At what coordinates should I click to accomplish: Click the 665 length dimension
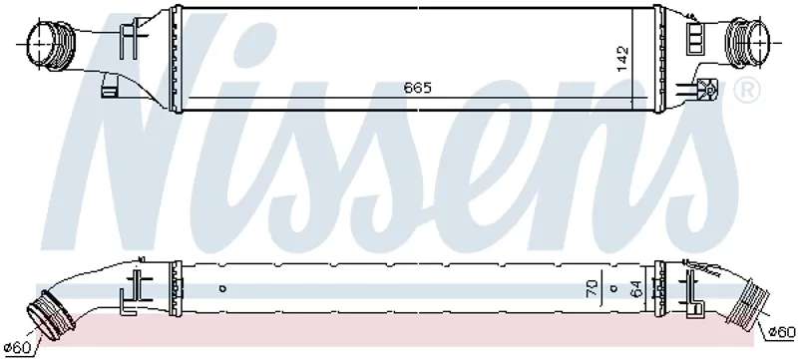[x=417, y=88]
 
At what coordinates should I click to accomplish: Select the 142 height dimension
[x=622, y=59]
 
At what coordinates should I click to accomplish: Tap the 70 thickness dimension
[x=593, y=288]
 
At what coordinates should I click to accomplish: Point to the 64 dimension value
[x=636, y=288]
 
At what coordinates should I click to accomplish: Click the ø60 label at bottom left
[x=17, y=348]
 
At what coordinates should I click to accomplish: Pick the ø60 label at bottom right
[x=781, y=332]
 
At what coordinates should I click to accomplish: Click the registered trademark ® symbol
[x=746, y=92]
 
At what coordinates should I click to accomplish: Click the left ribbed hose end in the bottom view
[x=50, y=315]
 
